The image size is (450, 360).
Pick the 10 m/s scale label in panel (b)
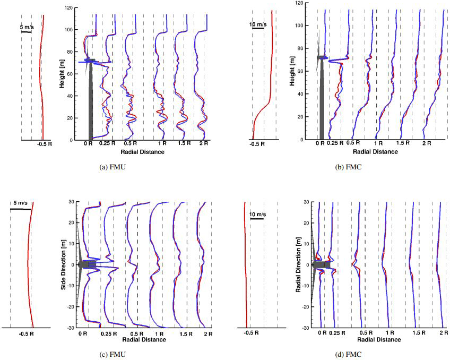(x=258, y=23)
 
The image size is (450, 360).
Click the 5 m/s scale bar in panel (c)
(x=21, y=209)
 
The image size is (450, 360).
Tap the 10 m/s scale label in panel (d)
(x=257, y=213)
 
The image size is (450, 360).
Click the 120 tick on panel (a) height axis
(x=67, y=8)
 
